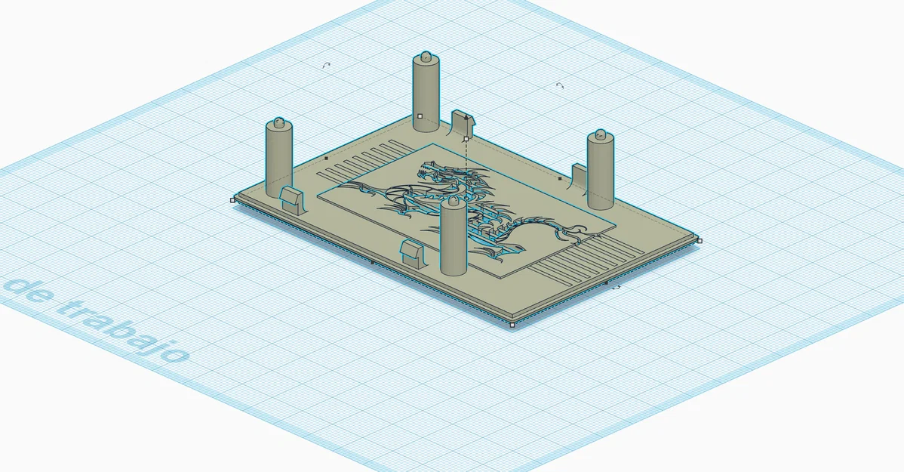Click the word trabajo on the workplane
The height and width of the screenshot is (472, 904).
[123, 324]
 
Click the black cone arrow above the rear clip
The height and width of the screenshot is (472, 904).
[466, 117]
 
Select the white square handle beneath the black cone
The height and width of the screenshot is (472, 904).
[466, 139]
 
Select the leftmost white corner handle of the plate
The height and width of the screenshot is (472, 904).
[233, 200]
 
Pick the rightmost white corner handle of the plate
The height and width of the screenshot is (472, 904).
[700, 241]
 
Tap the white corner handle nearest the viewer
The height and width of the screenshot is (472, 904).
[512, 325]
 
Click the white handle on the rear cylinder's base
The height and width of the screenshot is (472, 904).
[420, 116]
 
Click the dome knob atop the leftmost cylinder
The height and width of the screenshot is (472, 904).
[279, 122]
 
